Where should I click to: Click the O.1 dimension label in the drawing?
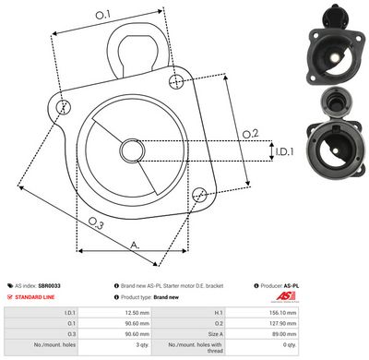[x=103, y=15]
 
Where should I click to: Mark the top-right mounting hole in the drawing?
[x=176, y=83]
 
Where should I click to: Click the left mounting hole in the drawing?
[x=63, y=107]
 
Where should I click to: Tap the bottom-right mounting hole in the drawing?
[x=199, y=194]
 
